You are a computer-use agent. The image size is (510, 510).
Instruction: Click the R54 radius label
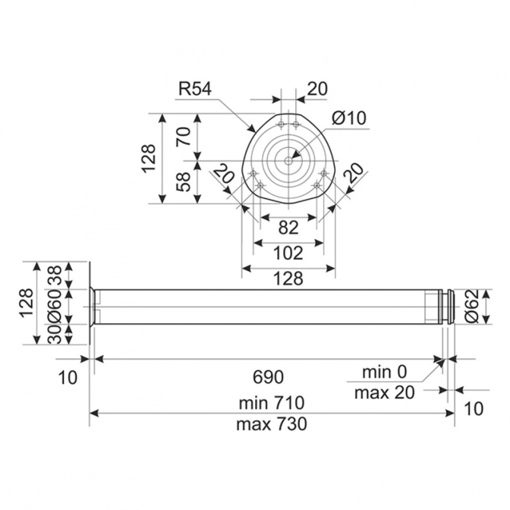pyautogui.click(x=195, y=89)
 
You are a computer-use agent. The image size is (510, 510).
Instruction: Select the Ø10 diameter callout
pyautogui.click(x=349, y=118)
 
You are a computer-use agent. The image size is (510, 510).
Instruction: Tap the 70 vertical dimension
pyautogui.click(x=183, y=137)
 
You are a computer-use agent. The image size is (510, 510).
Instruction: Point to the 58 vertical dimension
pyautogui.click(x=183, y=181)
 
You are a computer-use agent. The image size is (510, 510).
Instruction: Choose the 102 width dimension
pyautogui.click(x=288, y=252)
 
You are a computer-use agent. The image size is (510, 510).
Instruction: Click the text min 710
pyautogui.click(x=271, y=401)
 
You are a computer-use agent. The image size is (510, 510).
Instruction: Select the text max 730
pyautogui.click(x=271, y=424)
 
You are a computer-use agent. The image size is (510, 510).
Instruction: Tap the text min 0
pyautogui.click(x=384, y=372)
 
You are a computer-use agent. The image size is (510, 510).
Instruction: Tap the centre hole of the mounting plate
pyautogui.click(x=288, y=160)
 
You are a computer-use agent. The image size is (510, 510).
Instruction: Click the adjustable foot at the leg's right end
pyautogui.click(x=450, y=306)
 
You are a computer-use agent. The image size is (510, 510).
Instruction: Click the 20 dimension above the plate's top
pyautogui.click(x=317, y=89)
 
